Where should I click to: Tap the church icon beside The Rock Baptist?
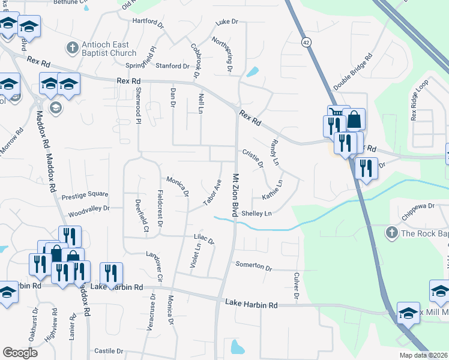tap(391, 232)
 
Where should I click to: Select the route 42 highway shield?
tap(306, 43)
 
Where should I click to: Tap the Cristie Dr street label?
tap(253, 158)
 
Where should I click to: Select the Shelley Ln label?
tap(256, 213)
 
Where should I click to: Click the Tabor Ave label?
tap(213, 192)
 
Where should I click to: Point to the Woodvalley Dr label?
tap(89, 209)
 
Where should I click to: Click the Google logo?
tap(20, 353)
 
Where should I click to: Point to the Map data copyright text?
tap(423, 355)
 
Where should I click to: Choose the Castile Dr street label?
tap(109, 350)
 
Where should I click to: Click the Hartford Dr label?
tap(148, 23)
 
